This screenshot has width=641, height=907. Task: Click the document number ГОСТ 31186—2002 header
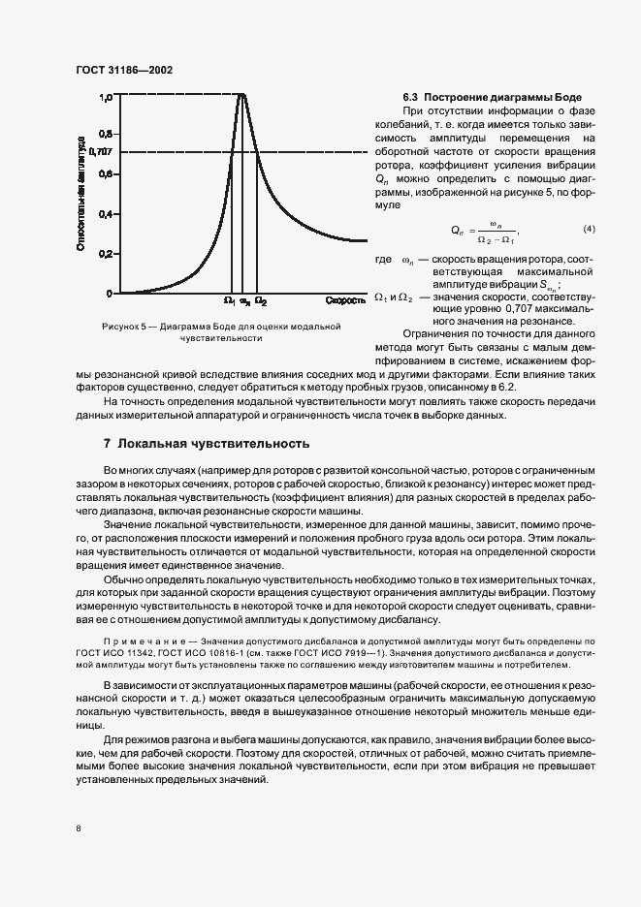[123, 70]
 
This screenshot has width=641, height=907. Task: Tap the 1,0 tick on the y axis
[107, 97]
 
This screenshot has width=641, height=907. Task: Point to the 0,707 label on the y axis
[101, 152]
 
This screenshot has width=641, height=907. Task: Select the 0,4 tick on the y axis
[107, 213]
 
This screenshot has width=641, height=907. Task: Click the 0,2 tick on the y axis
[107, 253]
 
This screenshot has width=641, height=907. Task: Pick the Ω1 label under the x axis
[229, 301]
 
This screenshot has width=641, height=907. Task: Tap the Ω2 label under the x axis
[261, 301]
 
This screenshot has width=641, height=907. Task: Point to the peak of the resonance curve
[242, 93]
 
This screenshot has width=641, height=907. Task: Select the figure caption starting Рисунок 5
[221, 332]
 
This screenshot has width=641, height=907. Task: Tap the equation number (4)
[588, 229]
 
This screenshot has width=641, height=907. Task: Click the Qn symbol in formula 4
[458, 231]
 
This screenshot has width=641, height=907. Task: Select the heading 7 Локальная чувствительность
[207, 443]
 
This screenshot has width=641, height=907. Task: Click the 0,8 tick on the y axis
[107, 133]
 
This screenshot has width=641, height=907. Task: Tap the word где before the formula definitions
[382, 261]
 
